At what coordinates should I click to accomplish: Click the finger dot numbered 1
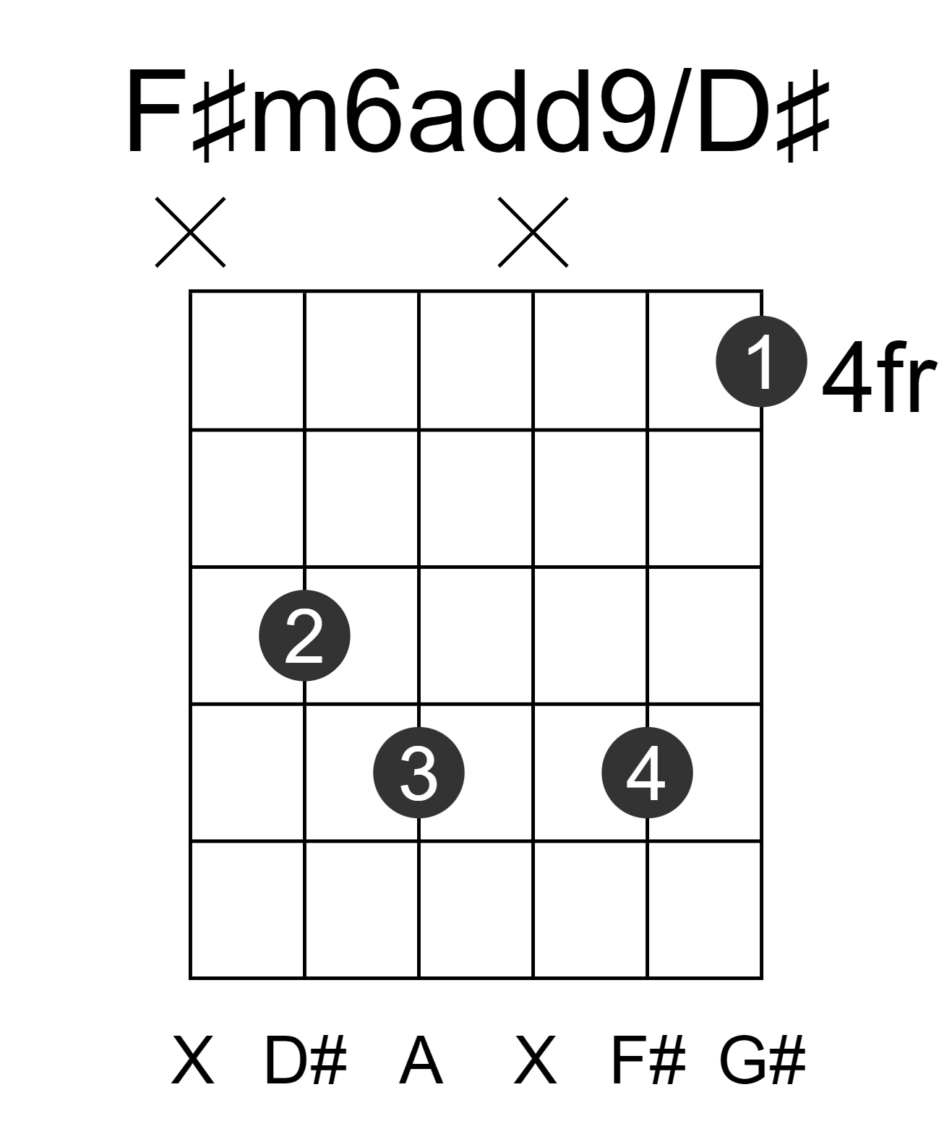761,361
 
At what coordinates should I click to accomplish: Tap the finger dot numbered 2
304,635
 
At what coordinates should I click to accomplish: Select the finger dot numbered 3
419,773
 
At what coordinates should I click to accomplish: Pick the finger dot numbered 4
647,773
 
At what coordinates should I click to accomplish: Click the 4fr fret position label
879,378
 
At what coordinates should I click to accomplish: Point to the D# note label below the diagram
305,1061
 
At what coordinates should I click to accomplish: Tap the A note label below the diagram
421,1061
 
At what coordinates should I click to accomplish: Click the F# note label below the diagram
649,1061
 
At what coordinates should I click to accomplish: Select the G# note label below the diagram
762,1061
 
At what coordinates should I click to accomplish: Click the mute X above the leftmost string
190,232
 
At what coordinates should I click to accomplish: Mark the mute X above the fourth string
533,232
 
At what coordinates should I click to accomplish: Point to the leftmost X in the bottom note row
192,1061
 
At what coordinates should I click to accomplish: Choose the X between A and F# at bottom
536,1061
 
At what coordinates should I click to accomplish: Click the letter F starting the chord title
154,111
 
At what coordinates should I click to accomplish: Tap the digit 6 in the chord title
374,111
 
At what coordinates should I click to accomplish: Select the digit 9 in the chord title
627,111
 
